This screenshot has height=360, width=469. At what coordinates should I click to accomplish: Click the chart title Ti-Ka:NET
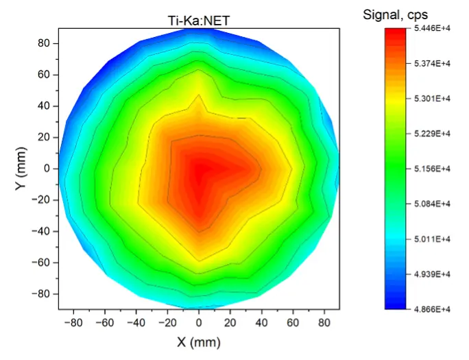(x=199, y=21)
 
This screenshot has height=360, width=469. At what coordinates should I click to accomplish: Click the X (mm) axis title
(x=198, y=341)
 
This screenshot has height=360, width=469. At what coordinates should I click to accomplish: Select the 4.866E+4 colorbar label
(x=435, y=309)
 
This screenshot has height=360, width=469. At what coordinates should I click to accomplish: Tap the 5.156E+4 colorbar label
(x=435, y=169)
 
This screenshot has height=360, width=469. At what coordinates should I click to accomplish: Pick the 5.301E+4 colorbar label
(x=435, y=98)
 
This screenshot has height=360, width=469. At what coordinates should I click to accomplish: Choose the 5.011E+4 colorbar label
(x=435, y=239)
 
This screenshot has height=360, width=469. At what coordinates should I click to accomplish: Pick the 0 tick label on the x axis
(x=199, y=321)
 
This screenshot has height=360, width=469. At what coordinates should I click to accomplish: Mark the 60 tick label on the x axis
(x=293, y=321)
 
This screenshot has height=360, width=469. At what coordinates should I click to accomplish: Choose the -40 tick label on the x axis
(x=135, y=321)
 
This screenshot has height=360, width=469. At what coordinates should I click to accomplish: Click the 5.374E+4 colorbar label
(x=435, y=63)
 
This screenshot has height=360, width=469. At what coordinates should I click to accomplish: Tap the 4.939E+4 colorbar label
(x=435, y=274)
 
